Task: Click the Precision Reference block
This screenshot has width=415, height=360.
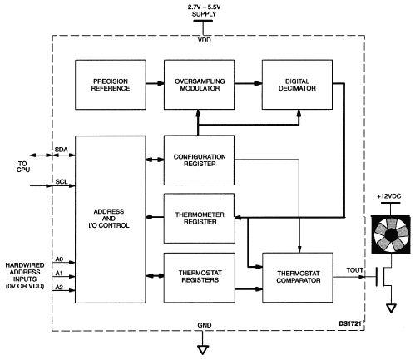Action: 111,85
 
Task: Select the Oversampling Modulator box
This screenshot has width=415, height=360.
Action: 199,85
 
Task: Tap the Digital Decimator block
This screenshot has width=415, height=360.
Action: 297,85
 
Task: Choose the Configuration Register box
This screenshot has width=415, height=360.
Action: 199,160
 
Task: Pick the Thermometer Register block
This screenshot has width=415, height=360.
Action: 200,219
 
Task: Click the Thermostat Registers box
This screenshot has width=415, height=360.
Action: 200,278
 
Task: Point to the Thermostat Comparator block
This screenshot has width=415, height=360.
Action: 298,277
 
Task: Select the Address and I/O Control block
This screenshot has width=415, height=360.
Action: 111,219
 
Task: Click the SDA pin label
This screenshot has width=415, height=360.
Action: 61,150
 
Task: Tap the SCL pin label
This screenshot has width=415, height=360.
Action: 62,182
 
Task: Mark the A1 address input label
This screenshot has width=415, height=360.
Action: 59,274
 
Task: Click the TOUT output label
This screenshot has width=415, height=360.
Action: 354,270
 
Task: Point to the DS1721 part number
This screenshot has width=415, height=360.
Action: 350,323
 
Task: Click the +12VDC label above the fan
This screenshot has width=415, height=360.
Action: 388,196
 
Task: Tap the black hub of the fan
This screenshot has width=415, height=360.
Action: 391,235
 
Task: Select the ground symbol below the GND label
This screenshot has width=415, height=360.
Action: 203,349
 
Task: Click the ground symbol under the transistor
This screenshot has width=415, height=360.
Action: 391,308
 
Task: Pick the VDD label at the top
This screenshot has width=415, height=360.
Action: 205,40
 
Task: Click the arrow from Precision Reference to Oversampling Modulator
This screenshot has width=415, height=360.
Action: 155,83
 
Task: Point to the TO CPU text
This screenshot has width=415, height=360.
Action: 23,167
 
